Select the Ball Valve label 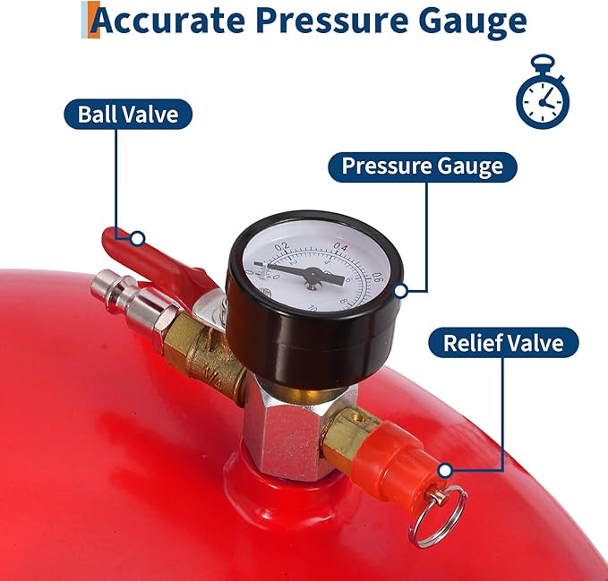pos(128,115)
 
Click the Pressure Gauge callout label pos(422,167)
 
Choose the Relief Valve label pos(503,343)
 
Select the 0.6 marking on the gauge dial pos(377,277)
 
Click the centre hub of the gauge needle pos(312,278)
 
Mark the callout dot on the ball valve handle pos(137,238)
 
